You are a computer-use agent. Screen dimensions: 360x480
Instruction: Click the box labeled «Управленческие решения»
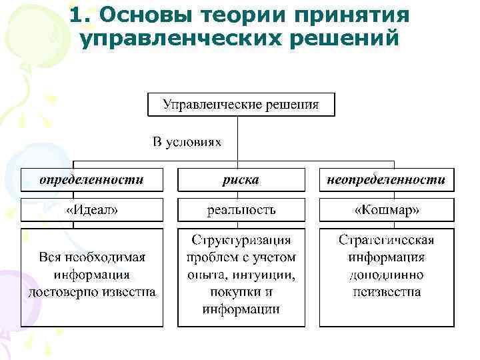[241, 105]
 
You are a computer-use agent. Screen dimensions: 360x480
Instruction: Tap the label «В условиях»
[187, 142]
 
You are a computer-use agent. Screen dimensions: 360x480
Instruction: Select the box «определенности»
[91, 180]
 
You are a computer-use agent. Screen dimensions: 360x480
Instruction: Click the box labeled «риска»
[241, 180]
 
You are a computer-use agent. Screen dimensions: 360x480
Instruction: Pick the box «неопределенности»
[386, 180]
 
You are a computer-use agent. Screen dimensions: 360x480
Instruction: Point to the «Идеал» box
[91, 210]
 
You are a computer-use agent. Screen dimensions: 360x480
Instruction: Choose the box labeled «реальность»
[241, 210]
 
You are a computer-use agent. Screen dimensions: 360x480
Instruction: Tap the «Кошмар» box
[387, 210]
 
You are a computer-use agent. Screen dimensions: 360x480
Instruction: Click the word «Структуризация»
[241, 240]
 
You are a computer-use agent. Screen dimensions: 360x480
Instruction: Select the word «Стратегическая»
[387, 240]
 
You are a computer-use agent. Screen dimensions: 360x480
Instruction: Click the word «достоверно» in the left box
[61, 291]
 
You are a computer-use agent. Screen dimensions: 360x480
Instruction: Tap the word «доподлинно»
[387, 275]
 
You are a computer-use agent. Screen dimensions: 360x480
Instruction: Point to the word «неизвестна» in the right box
[387, 292]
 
